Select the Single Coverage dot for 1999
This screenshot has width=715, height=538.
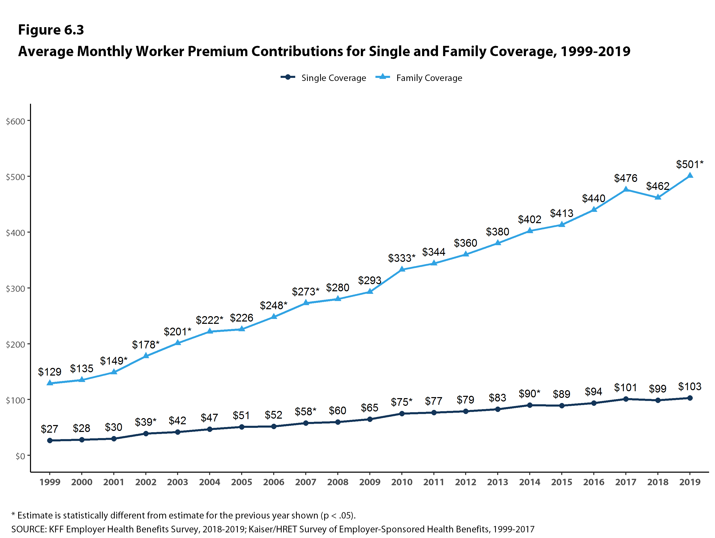[x=50, y=440]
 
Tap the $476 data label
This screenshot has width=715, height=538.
[x=626, y=178]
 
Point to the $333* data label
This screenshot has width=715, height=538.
[x=402, y=258]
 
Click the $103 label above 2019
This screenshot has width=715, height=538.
[x=689, y=386]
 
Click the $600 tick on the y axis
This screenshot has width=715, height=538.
[x=16, y=121]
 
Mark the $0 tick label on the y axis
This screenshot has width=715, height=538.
[x=20, y=456]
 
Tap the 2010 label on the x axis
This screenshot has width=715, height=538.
[x=402, y=482]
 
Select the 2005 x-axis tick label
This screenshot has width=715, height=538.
[x=241, y=482]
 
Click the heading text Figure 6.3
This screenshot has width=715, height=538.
[x=51, y=30]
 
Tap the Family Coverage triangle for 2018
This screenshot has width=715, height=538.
[x=658, y=197]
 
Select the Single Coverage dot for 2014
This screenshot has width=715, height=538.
[x=530, y=405]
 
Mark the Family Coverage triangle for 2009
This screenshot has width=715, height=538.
[x=370, y=292]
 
